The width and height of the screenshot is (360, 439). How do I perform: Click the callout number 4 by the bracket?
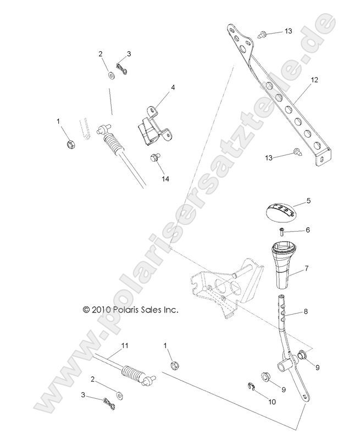(173, 87)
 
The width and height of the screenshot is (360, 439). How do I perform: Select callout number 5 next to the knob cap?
(308, 201)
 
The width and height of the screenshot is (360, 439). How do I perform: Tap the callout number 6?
(308, 230)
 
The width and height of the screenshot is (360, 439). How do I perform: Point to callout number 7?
(307, 268)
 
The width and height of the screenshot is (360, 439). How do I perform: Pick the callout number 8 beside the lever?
(306, 311)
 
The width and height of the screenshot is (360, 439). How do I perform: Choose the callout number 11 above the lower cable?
(125, 345)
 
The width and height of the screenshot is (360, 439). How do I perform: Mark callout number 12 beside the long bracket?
(314, 80)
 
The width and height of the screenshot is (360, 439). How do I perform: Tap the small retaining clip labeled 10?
(250, 388)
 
